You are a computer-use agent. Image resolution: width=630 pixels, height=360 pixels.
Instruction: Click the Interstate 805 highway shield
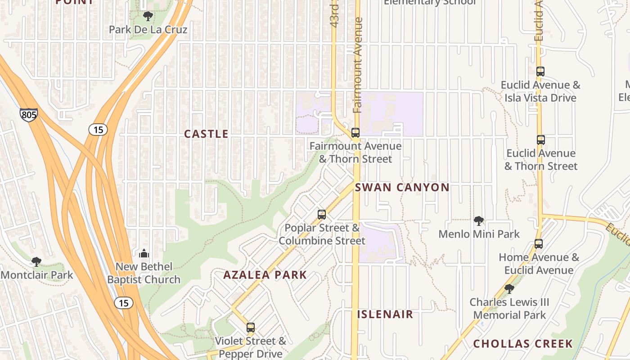[x=29, y=115]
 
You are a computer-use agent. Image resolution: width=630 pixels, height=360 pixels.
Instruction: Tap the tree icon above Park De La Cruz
[x=148, y=17]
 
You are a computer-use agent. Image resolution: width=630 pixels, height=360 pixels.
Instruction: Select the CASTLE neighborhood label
[x=206, y=134]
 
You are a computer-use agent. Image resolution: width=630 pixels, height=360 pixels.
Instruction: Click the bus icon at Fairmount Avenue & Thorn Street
[x=355, y=133]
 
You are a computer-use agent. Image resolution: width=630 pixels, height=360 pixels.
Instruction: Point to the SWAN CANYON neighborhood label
[x=402, y=188]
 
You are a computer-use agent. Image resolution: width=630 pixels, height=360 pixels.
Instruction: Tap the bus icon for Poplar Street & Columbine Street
[x=322, y=215]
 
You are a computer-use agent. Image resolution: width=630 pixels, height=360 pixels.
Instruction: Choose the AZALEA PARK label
[x=265, y=275]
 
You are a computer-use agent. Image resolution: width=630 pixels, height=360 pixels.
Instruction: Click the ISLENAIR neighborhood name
[x=385, y=314]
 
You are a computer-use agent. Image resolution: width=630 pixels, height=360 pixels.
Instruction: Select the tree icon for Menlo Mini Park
[x=479, y=221]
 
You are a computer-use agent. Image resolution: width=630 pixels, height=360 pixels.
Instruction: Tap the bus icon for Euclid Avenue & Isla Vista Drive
[x=540, y=72]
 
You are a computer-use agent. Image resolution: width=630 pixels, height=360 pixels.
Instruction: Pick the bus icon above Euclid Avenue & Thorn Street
[x=540, y=140]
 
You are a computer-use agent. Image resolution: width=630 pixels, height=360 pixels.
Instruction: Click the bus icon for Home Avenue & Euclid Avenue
[x=539, y=244]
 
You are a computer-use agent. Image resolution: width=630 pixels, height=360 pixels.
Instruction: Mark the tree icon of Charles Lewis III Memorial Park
[x=509, y=288]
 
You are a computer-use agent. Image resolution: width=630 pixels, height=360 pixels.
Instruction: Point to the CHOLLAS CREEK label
[x=523, y=344]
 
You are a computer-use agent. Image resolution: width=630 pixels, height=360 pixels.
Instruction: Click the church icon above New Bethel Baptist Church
[x=144, y=253]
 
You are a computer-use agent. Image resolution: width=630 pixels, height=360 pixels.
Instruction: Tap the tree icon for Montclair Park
[x=36, y=261]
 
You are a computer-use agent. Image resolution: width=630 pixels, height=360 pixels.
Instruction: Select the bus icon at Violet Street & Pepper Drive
[x=251, y=328]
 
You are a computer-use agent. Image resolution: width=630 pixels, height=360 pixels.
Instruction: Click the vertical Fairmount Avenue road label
[x=358, y=65]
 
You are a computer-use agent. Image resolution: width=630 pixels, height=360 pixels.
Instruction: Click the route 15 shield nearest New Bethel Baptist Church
[x=123, y=303]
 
